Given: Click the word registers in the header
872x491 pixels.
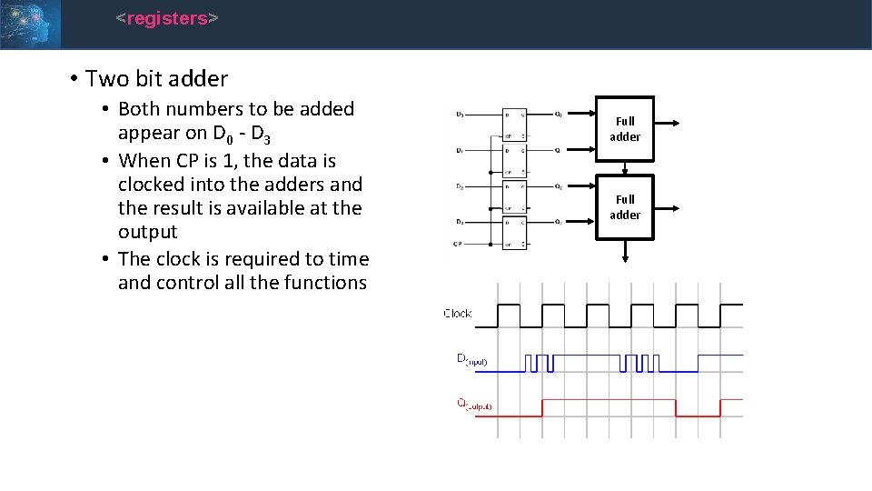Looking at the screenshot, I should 167,18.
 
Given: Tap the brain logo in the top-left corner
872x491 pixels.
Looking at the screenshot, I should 30,24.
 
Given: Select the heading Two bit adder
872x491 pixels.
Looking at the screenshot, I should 156,79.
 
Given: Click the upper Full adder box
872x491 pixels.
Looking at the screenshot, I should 625,129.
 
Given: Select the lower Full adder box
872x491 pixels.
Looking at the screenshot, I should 625,207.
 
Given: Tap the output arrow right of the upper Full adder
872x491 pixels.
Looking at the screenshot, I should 665,121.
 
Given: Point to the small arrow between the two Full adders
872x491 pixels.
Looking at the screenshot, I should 625,168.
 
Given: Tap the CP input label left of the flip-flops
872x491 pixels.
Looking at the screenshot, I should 458,244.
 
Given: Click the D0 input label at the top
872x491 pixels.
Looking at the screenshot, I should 460,115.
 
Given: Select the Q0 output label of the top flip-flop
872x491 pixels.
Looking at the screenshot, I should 558,115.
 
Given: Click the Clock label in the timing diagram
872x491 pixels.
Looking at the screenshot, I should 458,314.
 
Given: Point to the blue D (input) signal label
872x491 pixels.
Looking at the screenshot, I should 471,359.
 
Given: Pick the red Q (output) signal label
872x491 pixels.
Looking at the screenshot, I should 472,405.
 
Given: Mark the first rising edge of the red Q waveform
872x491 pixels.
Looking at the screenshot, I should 542,407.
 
